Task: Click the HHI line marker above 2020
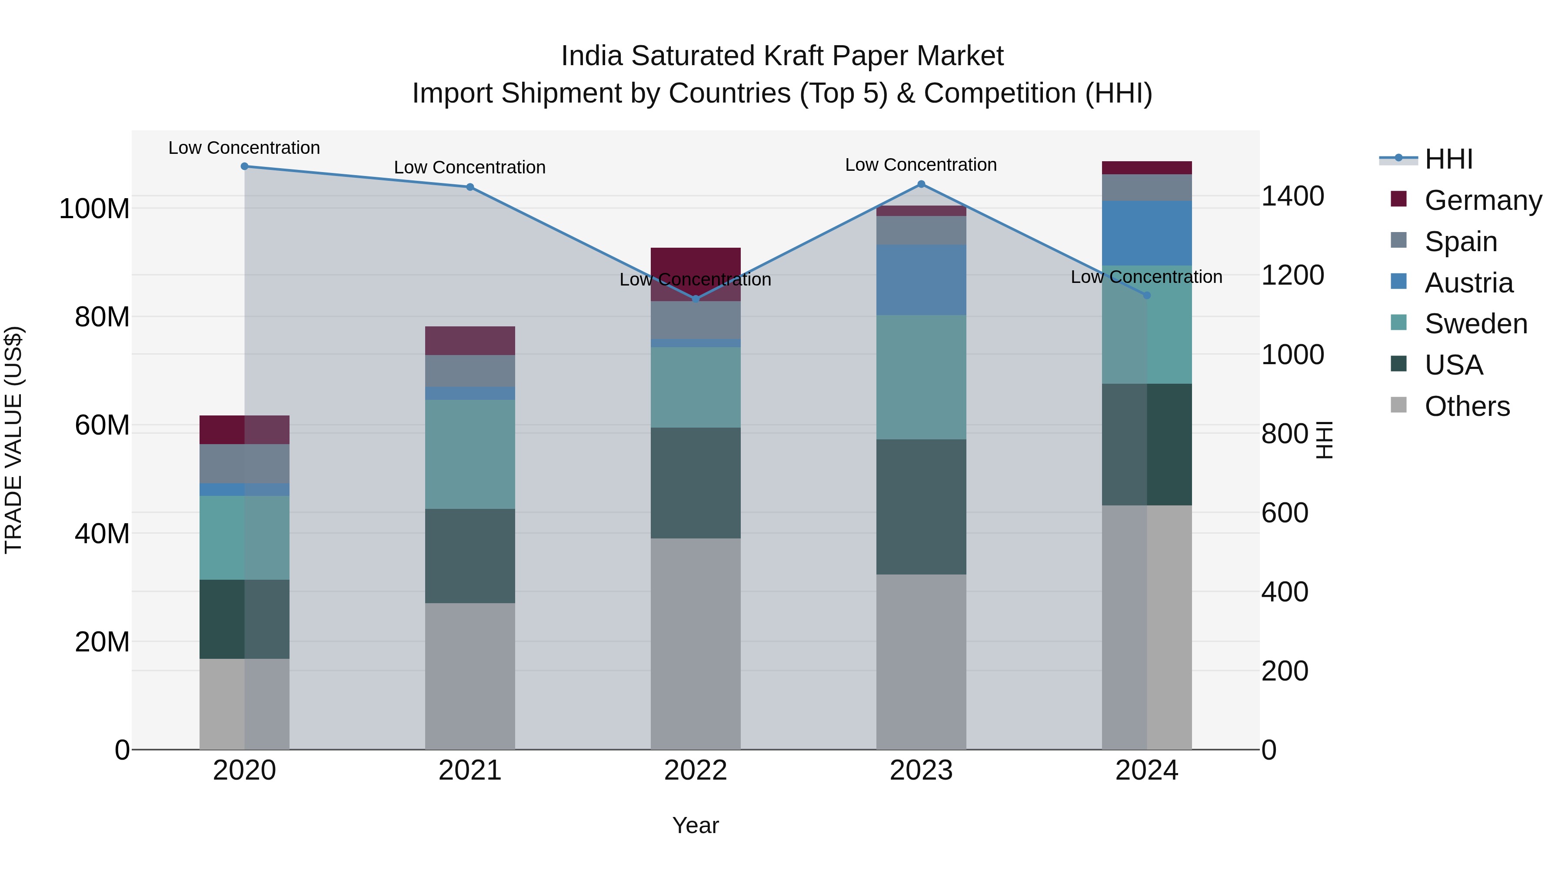(244, 166)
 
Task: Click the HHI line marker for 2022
(696, 299)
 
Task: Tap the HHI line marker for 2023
(921, 184)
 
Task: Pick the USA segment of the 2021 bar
(469, 556)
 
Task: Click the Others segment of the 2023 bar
(921, 661)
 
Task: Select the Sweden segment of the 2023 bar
(921, 377)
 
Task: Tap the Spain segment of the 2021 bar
(469, 370)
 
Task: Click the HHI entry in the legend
(1448, 159)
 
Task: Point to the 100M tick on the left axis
(94, 209)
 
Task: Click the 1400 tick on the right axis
(1293, 196)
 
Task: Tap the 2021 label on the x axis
(469, 770)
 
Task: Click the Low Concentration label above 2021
(469, 168)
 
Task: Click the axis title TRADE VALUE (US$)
(13, 440)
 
